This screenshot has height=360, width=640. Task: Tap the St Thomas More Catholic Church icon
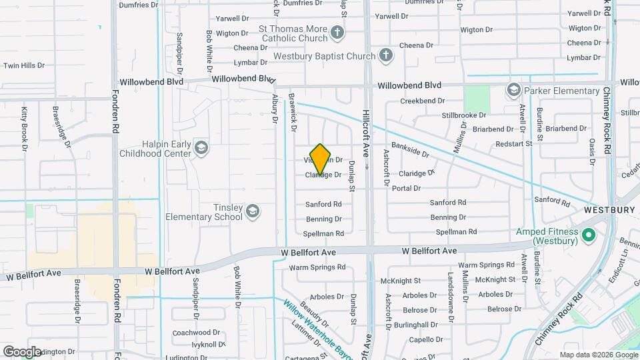(338, 32)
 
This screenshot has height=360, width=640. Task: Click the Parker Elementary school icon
(513, 90)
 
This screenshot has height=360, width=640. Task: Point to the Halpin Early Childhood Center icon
(201, 147)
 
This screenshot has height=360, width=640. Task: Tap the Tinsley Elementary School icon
(252, 211)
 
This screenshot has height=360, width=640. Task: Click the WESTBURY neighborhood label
(609, 209)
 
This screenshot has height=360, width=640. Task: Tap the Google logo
(22, 351)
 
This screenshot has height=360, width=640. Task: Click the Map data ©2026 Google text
(597, 355)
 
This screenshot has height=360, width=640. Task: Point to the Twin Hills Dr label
(24, 65)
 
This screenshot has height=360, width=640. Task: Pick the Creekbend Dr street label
(423, 101)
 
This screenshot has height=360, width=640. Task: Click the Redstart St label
(514, 143)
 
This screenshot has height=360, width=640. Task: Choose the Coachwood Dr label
(191, 332)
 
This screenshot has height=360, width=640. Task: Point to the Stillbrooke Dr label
(463, 115)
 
